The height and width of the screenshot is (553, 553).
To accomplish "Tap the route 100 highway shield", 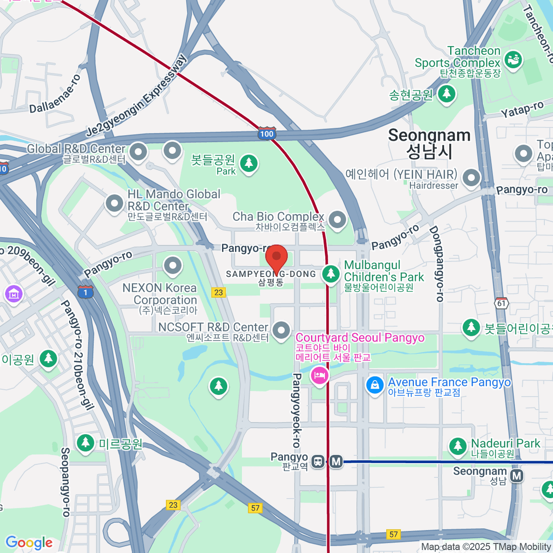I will click(x=266, y=134).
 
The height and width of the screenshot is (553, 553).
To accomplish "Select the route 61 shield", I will click(x=501, y=303).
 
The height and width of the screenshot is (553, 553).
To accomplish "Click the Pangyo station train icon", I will click(x=318, y=461).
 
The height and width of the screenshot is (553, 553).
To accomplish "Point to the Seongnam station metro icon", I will click(x=517, y=476).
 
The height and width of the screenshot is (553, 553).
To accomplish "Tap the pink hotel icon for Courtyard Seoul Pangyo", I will click(x=319, y=375).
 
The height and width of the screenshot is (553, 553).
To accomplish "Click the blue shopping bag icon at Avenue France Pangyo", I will click(x=375, y=385).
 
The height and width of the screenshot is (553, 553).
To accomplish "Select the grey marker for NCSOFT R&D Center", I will click(x=281, y=330).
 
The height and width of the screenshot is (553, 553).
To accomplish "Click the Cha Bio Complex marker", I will click(x=337, y=219).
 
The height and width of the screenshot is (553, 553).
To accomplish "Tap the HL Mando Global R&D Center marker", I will click(x=114, y=203).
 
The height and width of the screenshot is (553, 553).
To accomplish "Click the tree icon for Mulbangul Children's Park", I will click(x=330, y=273).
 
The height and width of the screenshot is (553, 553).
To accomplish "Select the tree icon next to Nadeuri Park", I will click(x=458, y=446).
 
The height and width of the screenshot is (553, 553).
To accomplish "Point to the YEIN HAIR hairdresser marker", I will click(x=471, y=177).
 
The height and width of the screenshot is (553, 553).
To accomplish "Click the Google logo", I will click(x=29, y=542).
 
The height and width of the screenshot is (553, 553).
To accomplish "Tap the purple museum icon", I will click(x=13, y=294).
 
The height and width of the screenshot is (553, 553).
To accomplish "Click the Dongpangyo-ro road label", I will click(x=436, y=264).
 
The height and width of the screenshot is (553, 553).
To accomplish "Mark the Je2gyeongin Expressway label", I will click(x=137, y=96).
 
